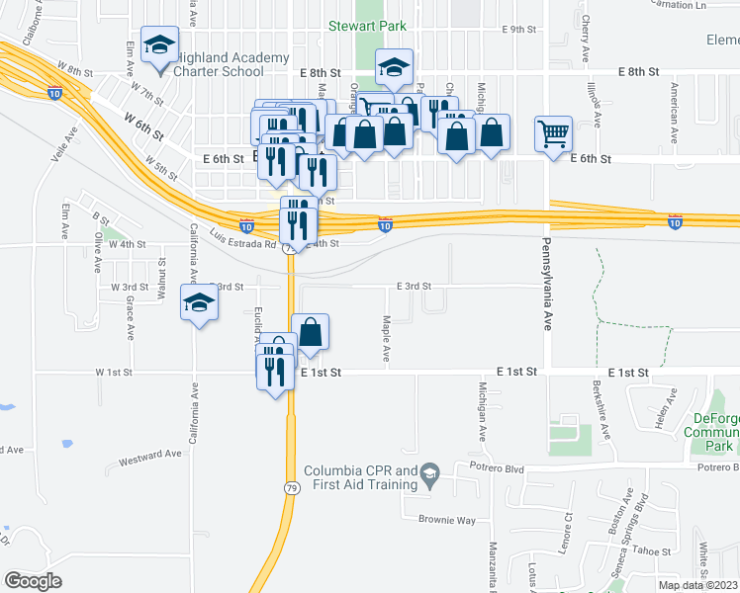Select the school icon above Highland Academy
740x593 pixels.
tap(159, 45)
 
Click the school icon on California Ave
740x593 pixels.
tap(199, 303)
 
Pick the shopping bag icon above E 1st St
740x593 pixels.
tap(311, 334)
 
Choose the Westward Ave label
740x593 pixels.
tap(150, 454)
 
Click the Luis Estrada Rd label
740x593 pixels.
tap(243, 237)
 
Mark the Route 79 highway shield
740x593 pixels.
tap(289, 249)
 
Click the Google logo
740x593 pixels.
tap(33, 580)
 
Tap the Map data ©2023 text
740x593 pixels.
tap(696, 585)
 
